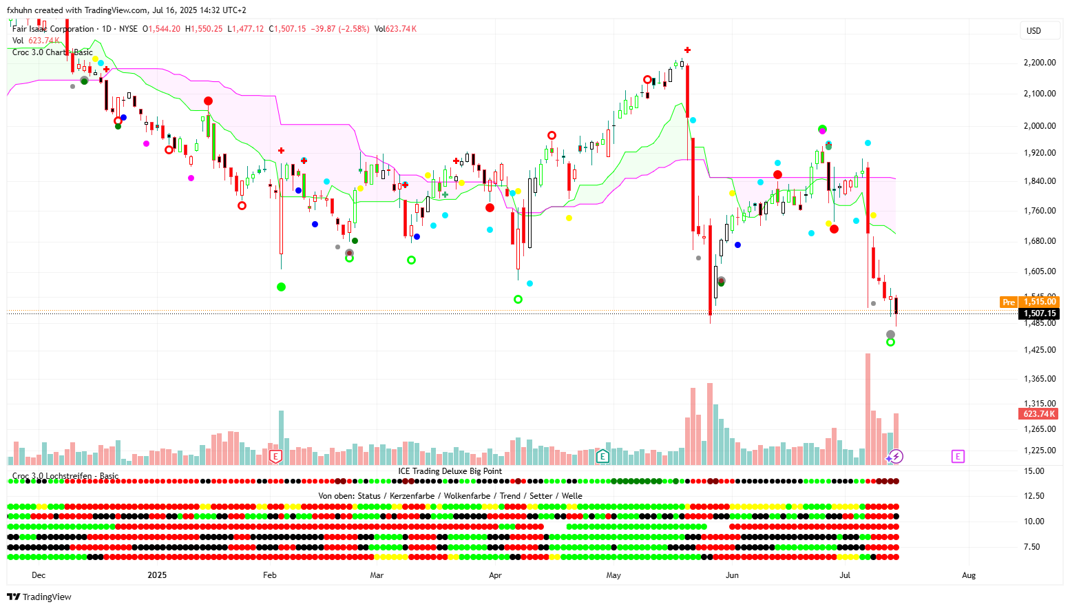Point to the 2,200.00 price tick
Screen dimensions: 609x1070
[1039, 63]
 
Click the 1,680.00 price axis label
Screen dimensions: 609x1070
[1039, 241]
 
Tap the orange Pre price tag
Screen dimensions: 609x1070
[1009, 302]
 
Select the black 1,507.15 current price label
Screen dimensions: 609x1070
[1039, 313]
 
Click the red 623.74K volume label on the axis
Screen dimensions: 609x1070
[1039, 414]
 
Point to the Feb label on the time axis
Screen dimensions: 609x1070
[270, 575]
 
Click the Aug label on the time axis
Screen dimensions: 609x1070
[969, 575]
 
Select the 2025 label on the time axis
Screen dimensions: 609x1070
[157, 575]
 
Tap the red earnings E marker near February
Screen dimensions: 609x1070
[275, 456]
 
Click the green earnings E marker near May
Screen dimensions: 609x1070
[602, 456]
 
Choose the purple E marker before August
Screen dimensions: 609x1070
[958, 456]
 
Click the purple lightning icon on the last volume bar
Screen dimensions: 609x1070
[896, 456]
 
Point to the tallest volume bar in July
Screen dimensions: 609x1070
[868, 406]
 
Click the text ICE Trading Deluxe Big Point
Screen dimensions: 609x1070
[450, 471]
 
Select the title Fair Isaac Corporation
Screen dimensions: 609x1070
[53, 29]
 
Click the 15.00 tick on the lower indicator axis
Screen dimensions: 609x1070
[1034, 471]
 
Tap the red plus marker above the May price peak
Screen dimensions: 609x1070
[687, 50]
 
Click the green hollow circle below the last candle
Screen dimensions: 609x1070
[890, 342]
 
